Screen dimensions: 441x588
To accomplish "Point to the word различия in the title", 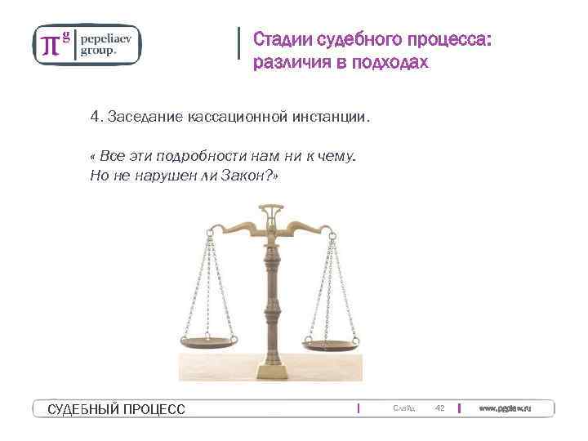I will [x=291, y=63].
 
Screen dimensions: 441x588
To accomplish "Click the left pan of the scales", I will [x=209, y=342].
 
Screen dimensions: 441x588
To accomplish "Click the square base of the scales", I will [x=273, y=370].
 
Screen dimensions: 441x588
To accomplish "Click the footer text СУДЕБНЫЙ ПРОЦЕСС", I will [x=117, y=409].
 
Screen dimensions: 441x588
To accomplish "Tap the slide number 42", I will [x=439, y=408].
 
